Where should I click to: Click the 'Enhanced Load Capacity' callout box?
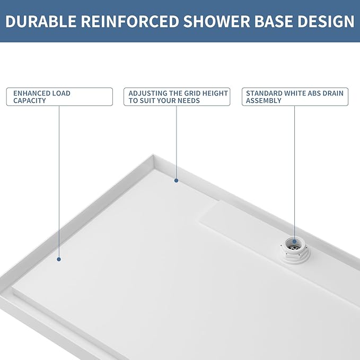(59, 97)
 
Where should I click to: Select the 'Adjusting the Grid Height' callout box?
(177, 97)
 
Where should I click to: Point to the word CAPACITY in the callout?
(30, 101)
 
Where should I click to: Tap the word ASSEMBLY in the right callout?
(264, 101)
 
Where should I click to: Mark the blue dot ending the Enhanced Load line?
(59, 259)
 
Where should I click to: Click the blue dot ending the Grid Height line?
(177, 181)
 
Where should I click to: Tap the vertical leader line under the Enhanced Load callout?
(59, 180)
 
